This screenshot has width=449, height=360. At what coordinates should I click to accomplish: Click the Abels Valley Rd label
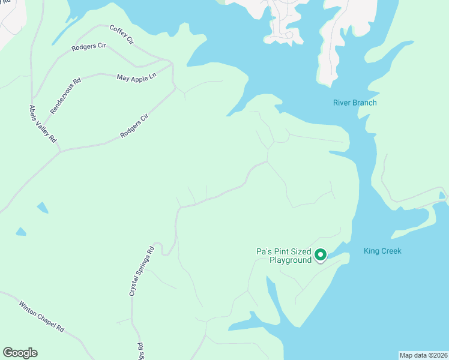43,123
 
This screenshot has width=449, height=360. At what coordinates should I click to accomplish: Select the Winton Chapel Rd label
41,316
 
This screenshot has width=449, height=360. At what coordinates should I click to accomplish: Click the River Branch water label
355,103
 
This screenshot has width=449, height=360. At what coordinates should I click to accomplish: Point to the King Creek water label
382,251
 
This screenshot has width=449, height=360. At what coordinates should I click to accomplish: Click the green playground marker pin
321,255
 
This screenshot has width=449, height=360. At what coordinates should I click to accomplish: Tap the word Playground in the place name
291,260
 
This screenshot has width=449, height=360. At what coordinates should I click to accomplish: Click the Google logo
20,353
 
